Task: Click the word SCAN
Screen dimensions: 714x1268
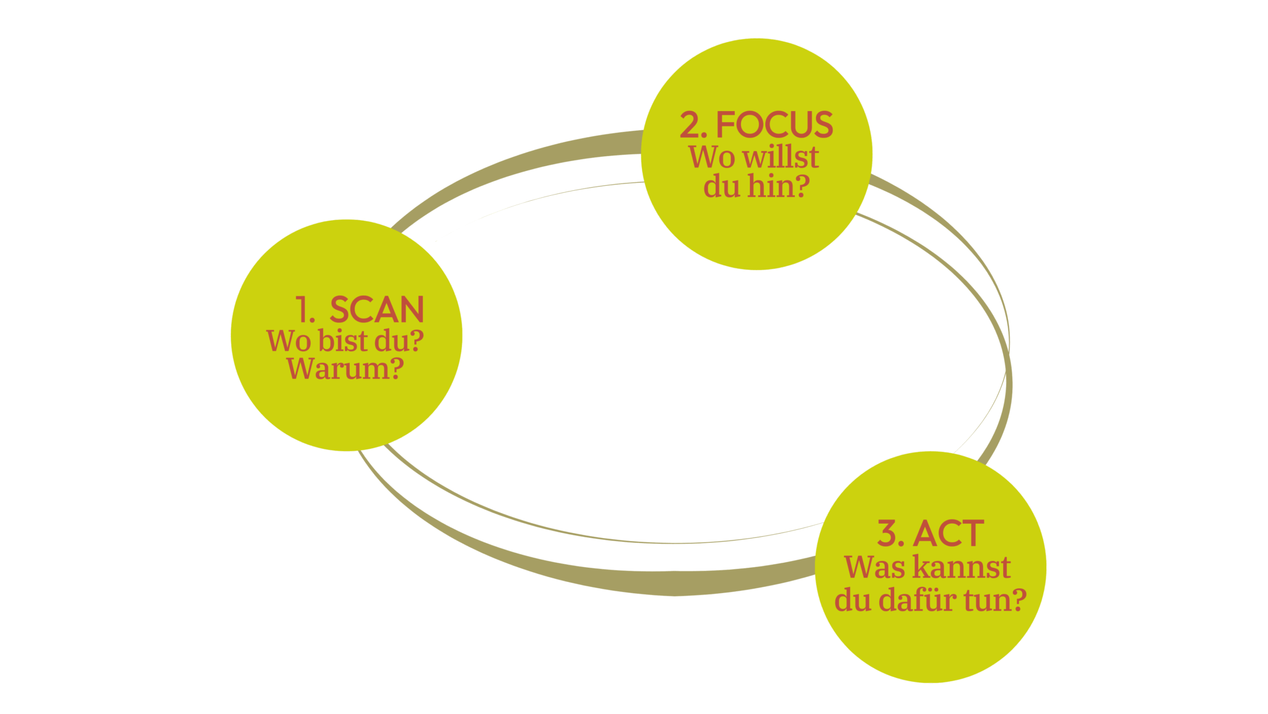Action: point(376,309)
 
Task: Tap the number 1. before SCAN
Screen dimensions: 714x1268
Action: point(305,309)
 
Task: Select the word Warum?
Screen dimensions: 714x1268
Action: point(345,369)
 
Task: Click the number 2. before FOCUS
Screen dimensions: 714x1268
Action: point(693,125)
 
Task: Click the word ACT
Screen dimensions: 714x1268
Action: point(948,533)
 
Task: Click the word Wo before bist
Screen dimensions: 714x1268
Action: point(289,341)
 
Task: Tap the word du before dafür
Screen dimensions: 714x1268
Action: point(853,600)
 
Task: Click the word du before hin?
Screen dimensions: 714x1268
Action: point(721,186)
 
